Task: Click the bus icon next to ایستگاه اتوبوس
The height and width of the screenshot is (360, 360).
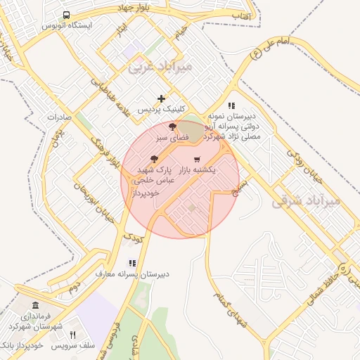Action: (x=66, y=15)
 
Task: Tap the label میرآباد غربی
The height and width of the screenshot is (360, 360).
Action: (x=155, y=67)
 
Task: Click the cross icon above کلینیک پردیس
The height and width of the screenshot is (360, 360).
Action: (x=162, y=98)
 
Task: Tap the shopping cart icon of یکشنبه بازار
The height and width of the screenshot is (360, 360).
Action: (x=196, y=158)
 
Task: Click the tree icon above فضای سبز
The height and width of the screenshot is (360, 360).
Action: (x=173, y=127)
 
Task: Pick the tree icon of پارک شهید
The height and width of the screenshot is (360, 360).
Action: (x=154, y=159)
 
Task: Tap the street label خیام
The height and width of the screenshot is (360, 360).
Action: (x=181, y=32)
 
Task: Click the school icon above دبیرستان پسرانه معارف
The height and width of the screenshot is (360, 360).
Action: (x=132, y=263)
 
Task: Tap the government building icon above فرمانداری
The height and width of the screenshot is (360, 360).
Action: (x=36, y=306)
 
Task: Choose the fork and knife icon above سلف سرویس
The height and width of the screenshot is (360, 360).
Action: (x=72, y=335)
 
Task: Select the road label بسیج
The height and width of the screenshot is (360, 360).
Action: (x=241, y=185)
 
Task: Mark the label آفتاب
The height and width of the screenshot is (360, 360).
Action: (x=241, y=15)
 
